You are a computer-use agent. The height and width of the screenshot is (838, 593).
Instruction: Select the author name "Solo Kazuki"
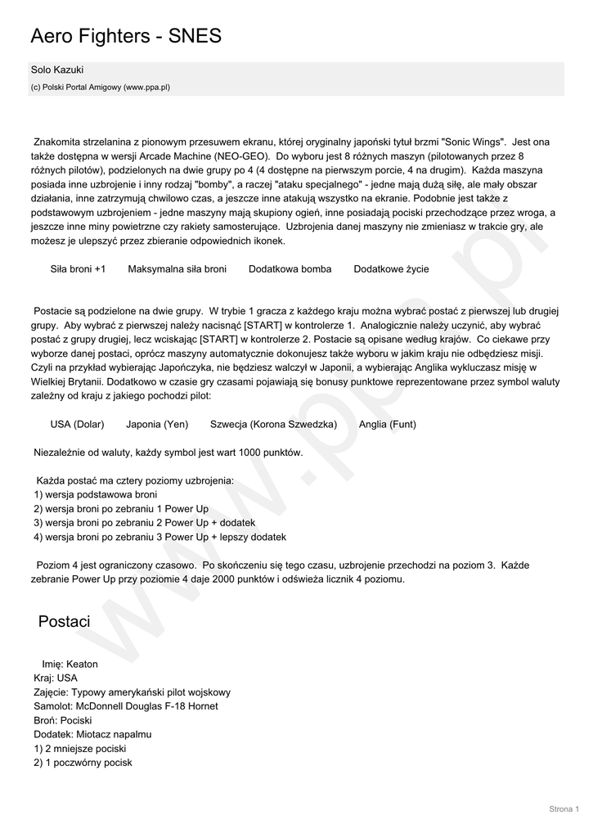point(57,70)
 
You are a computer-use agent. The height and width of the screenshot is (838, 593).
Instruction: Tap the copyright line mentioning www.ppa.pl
point(101,87)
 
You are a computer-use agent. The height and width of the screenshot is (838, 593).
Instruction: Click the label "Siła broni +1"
point(78,268)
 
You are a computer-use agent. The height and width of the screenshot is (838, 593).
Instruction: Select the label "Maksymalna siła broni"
point(177,268)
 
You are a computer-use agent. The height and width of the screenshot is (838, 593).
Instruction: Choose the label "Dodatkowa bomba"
point(290,268)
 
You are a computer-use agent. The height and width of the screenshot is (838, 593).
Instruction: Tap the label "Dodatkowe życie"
point(391,268)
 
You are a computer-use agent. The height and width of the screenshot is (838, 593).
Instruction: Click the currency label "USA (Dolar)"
point(77,424)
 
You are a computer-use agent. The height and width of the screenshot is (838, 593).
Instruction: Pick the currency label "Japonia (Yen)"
point(157,424)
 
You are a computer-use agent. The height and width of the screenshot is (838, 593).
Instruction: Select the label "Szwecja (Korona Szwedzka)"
point(273,424)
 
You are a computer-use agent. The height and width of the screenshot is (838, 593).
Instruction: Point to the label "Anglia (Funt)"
point(387,424)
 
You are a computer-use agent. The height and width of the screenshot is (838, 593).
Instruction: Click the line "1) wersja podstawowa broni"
point(96,494)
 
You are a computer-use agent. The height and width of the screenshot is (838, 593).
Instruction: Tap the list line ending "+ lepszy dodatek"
point(160,537)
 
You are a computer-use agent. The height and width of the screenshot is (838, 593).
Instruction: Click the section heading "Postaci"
point(64,622)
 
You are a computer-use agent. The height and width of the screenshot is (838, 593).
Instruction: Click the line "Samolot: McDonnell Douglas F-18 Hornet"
point(126,705)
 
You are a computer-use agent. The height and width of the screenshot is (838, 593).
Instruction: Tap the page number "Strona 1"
point(564,809)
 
